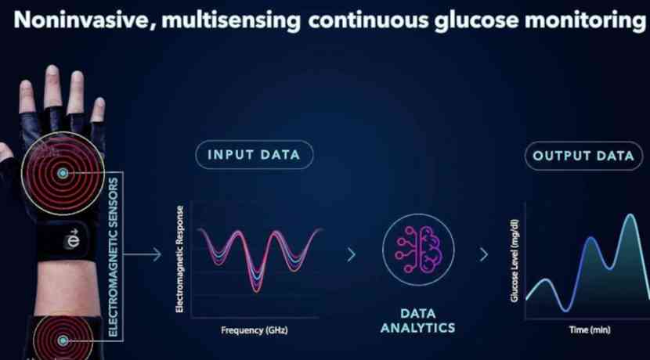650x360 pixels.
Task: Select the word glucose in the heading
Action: (476, 20)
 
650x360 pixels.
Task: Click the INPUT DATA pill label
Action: (254, 155)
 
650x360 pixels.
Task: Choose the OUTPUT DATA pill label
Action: (583, 156)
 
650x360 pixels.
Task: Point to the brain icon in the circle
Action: (418, 250)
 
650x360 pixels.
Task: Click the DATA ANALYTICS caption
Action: (418, 321)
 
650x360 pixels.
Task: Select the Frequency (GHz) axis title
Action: (254, 330)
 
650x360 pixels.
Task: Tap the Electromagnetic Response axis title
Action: (179, 259)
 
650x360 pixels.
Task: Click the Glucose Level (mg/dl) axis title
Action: (515, 261)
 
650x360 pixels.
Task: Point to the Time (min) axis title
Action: (590, 329)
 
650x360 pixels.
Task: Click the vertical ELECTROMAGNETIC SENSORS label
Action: (113, 257)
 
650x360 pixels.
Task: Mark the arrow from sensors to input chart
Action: (143, 254)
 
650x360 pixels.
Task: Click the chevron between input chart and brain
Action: (352, 254)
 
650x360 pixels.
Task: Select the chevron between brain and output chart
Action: (484, 254)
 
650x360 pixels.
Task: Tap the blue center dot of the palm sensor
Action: (63, 173)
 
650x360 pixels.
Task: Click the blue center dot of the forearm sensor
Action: (63, 340)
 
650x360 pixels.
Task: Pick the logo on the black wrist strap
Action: (74, 239)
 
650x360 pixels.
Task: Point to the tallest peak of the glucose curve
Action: (630, 215)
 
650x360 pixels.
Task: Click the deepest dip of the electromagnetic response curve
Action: (257, 290)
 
